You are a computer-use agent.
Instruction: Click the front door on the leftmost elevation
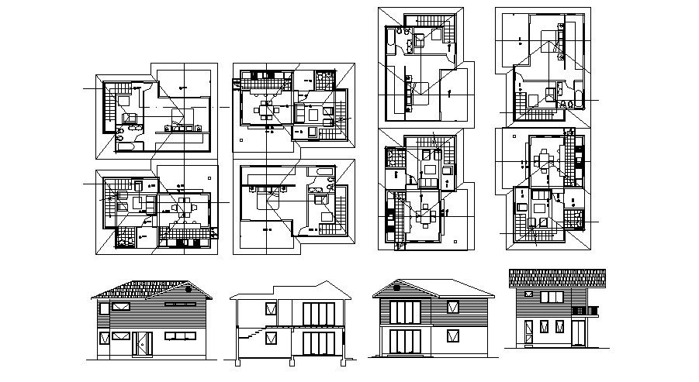140,343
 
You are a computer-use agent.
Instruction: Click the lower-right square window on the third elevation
451,336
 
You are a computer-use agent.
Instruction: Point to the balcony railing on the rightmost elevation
585,311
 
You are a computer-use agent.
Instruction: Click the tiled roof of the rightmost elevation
556,277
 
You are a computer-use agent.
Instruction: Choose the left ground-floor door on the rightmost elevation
528,333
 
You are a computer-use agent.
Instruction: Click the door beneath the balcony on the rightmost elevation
577,333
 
